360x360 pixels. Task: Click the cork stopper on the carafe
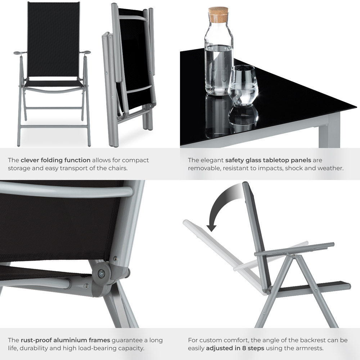tap(218, 14)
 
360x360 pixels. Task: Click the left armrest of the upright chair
tap(20, 53)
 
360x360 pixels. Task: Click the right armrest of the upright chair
tap(85, 53)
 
